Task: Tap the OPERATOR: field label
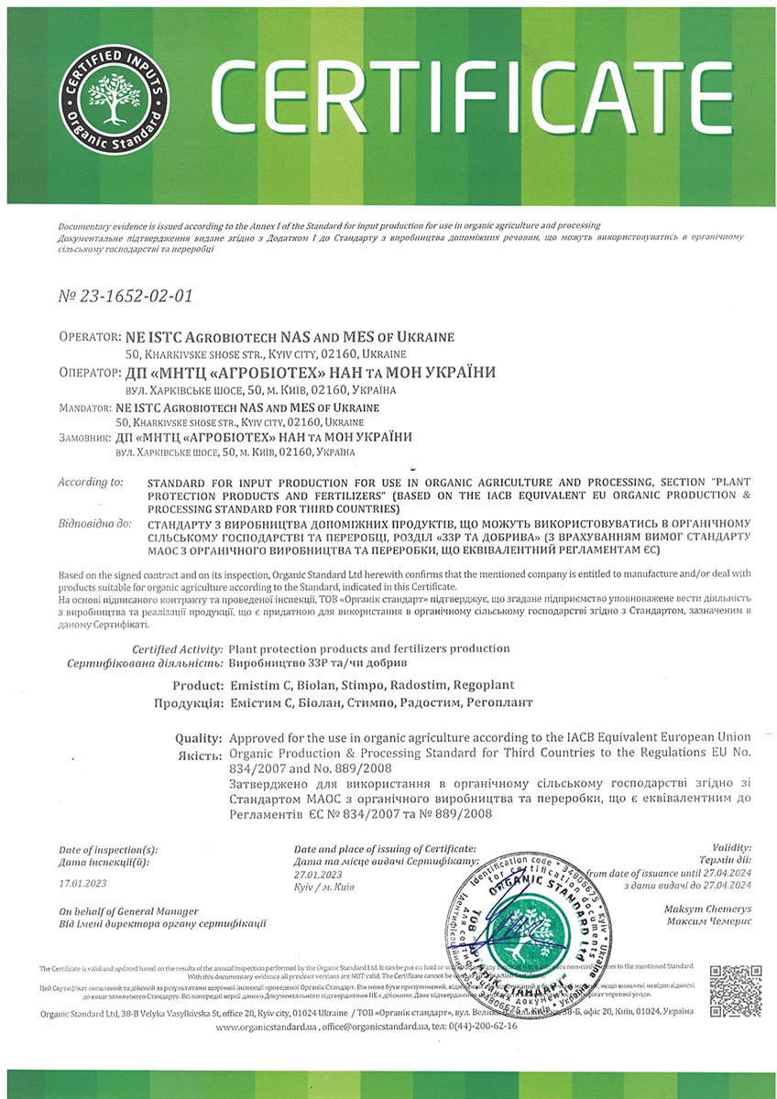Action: pyautogui.click(x=88, y=337)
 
